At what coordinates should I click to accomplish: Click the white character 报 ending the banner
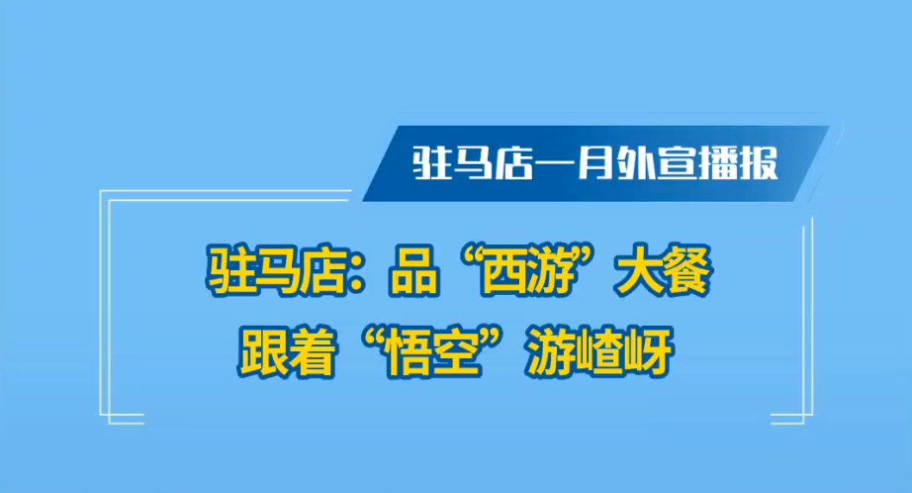(x=758, y=163)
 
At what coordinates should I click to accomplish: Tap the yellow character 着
(x=312, y=351)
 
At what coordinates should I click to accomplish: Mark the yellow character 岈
(x=650, y=352)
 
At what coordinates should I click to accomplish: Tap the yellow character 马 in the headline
(x=278, y=271)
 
